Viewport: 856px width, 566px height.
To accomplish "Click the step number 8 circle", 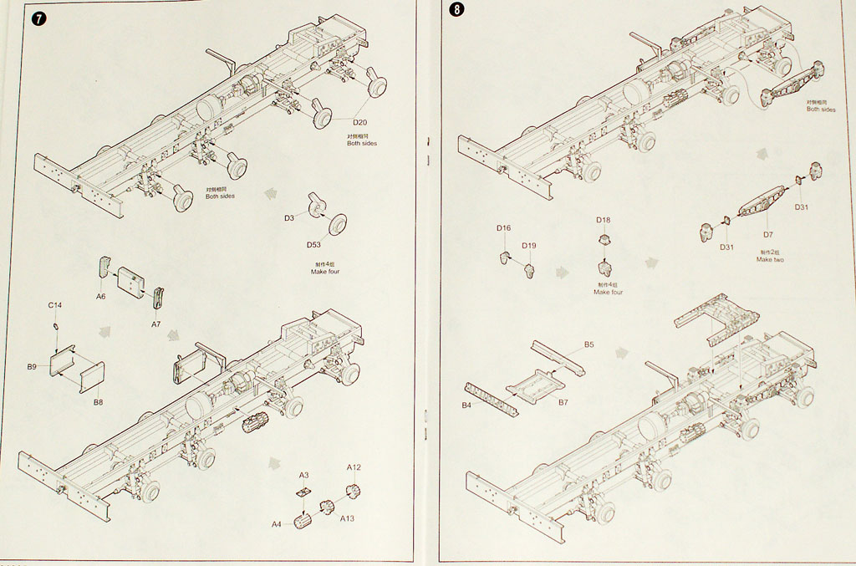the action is [456, 11].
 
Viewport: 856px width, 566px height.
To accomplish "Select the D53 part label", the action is [313, 244].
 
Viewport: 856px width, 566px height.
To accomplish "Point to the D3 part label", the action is [288, 217].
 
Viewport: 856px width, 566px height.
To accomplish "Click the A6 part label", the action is [100, 296].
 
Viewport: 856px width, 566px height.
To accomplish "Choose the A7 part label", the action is [155, 323].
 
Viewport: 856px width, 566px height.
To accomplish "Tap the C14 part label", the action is [55, 306].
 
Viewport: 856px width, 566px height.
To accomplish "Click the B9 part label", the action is [32, 366].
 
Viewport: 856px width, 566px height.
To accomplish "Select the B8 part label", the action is [98, 402].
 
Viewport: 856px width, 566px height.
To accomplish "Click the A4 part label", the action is [276, 524].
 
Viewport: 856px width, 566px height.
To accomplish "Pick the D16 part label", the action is [503, 227].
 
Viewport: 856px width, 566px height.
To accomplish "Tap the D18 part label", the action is [604, 220].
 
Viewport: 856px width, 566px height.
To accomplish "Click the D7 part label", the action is [768, 235].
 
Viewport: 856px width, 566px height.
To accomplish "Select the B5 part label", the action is [588, 344].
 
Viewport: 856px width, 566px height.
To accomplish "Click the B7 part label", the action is [563, 402].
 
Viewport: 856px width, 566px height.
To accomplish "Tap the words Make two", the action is [769, 259].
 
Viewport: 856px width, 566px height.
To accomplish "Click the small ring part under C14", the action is [56, 325].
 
